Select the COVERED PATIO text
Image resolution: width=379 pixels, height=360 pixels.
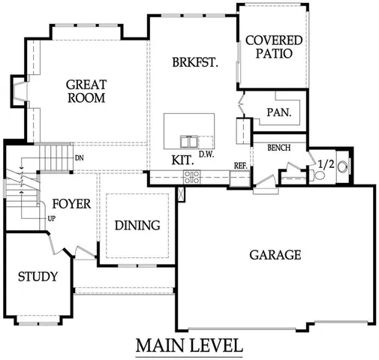click(x=273, y=47)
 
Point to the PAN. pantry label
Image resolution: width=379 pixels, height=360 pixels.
click(x=278, y=113)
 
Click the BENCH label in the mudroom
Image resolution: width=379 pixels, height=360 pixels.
click(x=278, y=148)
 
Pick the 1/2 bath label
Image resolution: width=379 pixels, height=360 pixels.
click(x=326, y=164)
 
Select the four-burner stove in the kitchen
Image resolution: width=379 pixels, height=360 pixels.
click(x=192, y=177)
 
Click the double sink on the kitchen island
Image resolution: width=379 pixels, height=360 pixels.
click(x=189, y=141)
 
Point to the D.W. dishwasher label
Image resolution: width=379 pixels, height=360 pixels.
click(x=207, y=155)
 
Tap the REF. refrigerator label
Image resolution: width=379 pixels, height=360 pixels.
click(x=240, y=165)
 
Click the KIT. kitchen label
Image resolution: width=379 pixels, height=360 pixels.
click(x=182, y=160)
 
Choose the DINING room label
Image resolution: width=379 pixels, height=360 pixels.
click(x=137, y=225)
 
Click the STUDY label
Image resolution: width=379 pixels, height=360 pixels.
click(x=38, y=277)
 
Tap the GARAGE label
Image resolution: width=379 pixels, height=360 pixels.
click(x=275, y=255)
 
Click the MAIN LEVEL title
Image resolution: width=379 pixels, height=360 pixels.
click(x=189, y=346)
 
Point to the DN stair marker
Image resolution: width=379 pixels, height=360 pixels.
click(x=79, y=158)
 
